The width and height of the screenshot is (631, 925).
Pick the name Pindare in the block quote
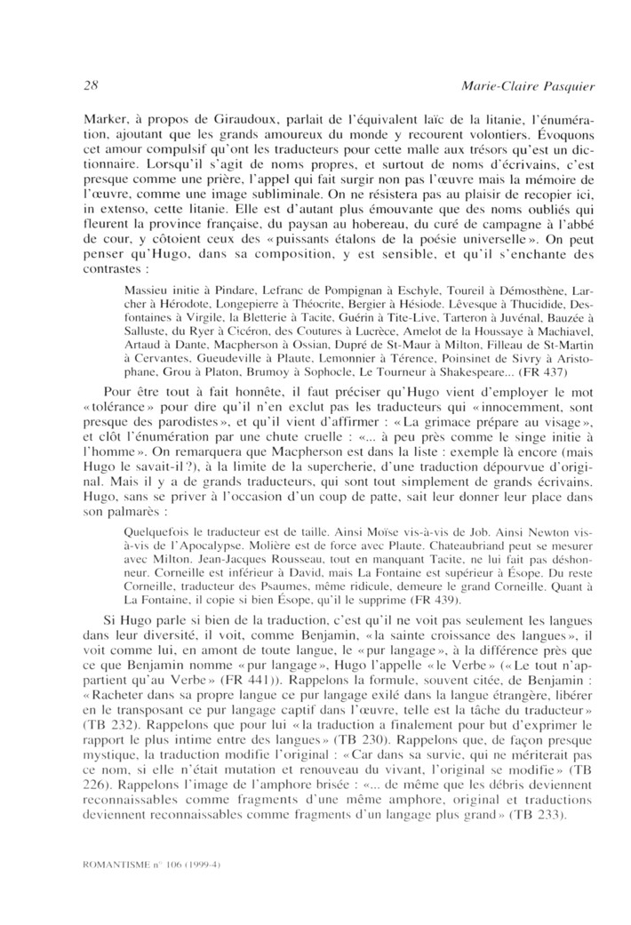(223, 290)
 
